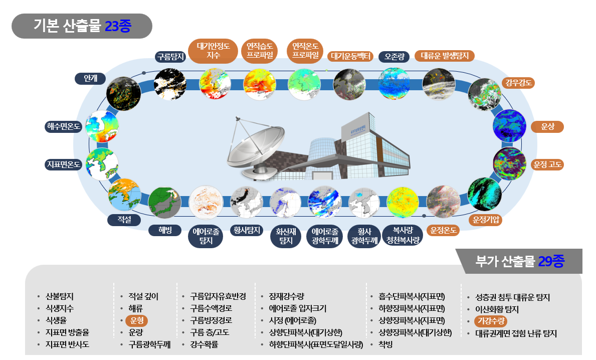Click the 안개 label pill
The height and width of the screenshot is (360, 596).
click(x=90, y=78)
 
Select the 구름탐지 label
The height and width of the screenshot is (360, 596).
click(x=170, y=57)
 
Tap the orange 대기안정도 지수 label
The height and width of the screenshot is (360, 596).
click(x=213, y=51)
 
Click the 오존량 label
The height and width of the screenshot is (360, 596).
click(x=394, y=57)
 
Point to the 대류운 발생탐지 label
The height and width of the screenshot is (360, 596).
click(x=444, y=56)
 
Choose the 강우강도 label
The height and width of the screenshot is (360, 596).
click(x=518, y=83)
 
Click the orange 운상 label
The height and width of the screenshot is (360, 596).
click(x=547, y=126)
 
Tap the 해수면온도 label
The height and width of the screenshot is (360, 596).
click(x=64, y=126)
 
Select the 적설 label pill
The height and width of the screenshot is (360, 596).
click(x=124, y=220)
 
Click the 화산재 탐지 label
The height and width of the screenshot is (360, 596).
click(x=286, y=236)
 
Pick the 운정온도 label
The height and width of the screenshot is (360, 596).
click(x=443, y=230)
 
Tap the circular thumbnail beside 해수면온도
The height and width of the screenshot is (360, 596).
click(x=102, y=126)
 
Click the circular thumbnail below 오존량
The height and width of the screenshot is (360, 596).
click(x=394, y=84)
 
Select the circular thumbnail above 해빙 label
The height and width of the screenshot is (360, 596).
click(x=164, y=203)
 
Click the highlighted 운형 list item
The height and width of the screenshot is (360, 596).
click(x=136, y=320)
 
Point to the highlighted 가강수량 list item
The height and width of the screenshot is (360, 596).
click(x=491, y=321)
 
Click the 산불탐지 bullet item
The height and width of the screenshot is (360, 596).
click(x=59, y=296)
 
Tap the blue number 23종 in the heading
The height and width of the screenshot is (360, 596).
click(x=118, y=26)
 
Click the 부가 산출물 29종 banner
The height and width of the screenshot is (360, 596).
click(x=519, y=261)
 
